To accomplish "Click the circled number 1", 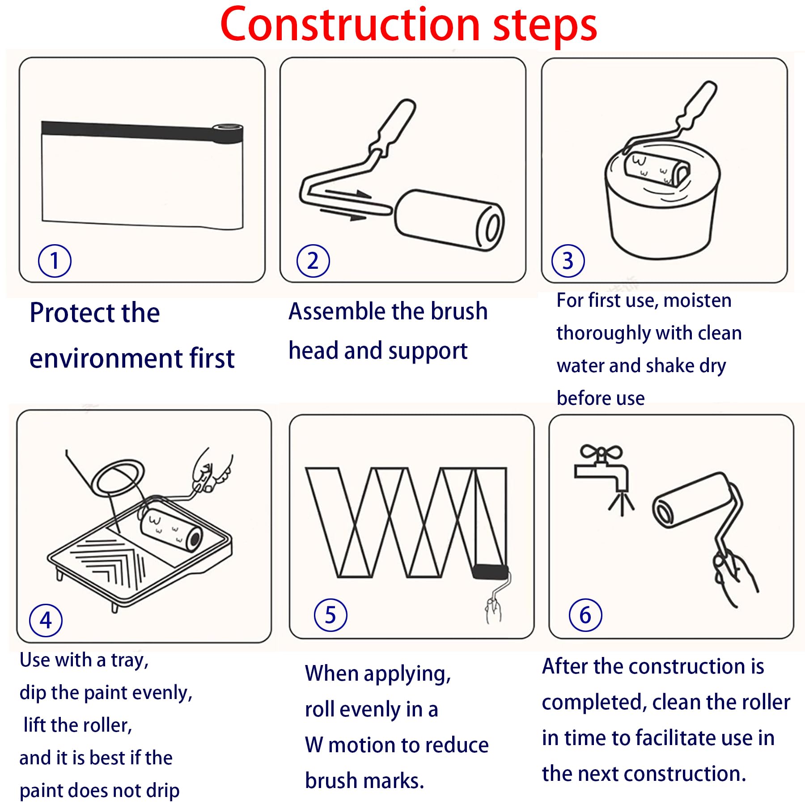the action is pyautogui.click(x=55, y=261).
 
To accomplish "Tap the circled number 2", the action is pyautogui.click(x=313, y=261).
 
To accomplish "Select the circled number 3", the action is pyautogui.click(x=568, y=261).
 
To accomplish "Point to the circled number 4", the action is pyautogui.click(x=46, y=620).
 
